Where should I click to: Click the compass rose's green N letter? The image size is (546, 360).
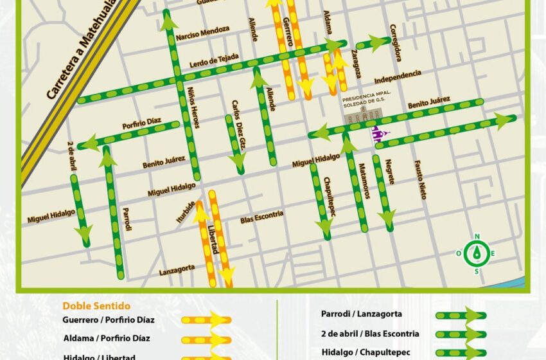[477, 237]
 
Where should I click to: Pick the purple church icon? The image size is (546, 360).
[379, 134]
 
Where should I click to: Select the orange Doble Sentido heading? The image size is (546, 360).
[96, 306]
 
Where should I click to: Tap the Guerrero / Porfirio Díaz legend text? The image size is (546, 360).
[109, 319]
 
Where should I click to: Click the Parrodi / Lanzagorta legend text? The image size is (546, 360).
[361, 314]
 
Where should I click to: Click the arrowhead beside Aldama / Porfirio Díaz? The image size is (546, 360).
[218, 340]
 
